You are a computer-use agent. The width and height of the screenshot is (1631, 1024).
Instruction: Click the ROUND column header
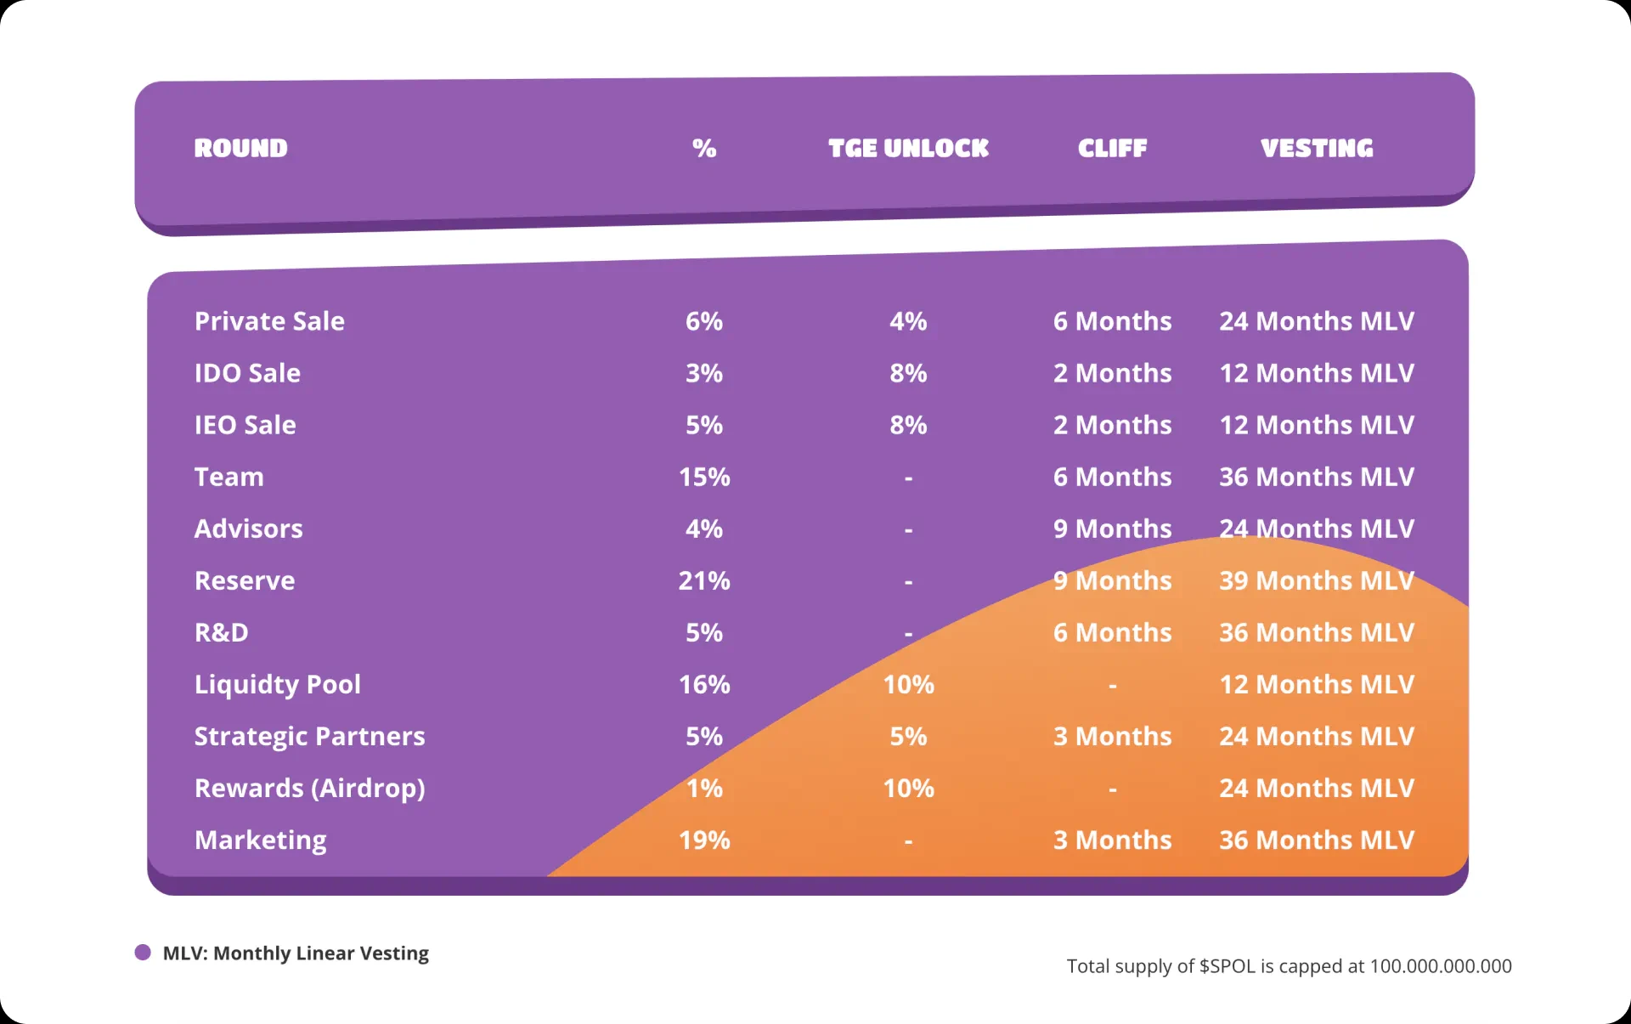coord(240,148)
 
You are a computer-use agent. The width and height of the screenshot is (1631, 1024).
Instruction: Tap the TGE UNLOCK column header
coord(908,148)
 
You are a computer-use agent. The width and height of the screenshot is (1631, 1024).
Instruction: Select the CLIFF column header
coord(1112,148)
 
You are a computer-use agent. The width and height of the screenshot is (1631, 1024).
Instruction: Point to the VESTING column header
coord(1316,148)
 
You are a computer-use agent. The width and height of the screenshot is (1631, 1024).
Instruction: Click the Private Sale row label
coord(269,321)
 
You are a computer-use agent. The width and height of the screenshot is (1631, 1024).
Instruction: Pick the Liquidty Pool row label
coord(277,684)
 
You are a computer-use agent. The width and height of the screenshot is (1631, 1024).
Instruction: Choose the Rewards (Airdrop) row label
coord(309,788)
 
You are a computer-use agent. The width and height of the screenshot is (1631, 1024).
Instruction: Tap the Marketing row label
coord(260,840)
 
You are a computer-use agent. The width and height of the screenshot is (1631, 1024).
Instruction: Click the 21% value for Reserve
coord(703,580)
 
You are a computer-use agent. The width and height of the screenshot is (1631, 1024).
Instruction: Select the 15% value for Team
coord(703,477)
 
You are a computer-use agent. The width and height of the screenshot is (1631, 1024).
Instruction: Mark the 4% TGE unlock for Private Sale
coord(908,321)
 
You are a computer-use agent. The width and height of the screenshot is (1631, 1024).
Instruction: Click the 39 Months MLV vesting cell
coord(1316,580)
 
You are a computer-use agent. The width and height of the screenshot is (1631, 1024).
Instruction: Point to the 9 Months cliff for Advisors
coord(1112,529)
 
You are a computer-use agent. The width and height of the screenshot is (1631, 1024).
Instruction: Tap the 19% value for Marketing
coord(703,840)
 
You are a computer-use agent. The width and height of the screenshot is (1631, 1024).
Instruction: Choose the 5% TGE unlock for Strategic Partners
coord(908,736)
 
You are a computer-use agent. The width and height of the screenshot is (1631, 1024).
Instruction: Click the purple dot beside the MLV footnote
coord(143,953)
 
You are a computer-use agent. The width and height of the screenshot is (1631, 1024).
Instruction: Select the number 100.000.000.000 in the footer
coord(1440,966)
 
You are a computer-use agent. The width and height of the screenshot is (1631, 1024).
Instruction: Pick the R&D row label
coord(221,632)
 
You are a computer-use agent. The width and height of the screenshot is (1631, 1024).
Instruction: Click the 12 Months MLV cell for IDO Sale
coord(1316,373)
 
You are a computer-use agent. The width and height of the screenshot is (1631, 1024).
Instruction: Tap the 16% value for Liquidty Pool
coord(703,684)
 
